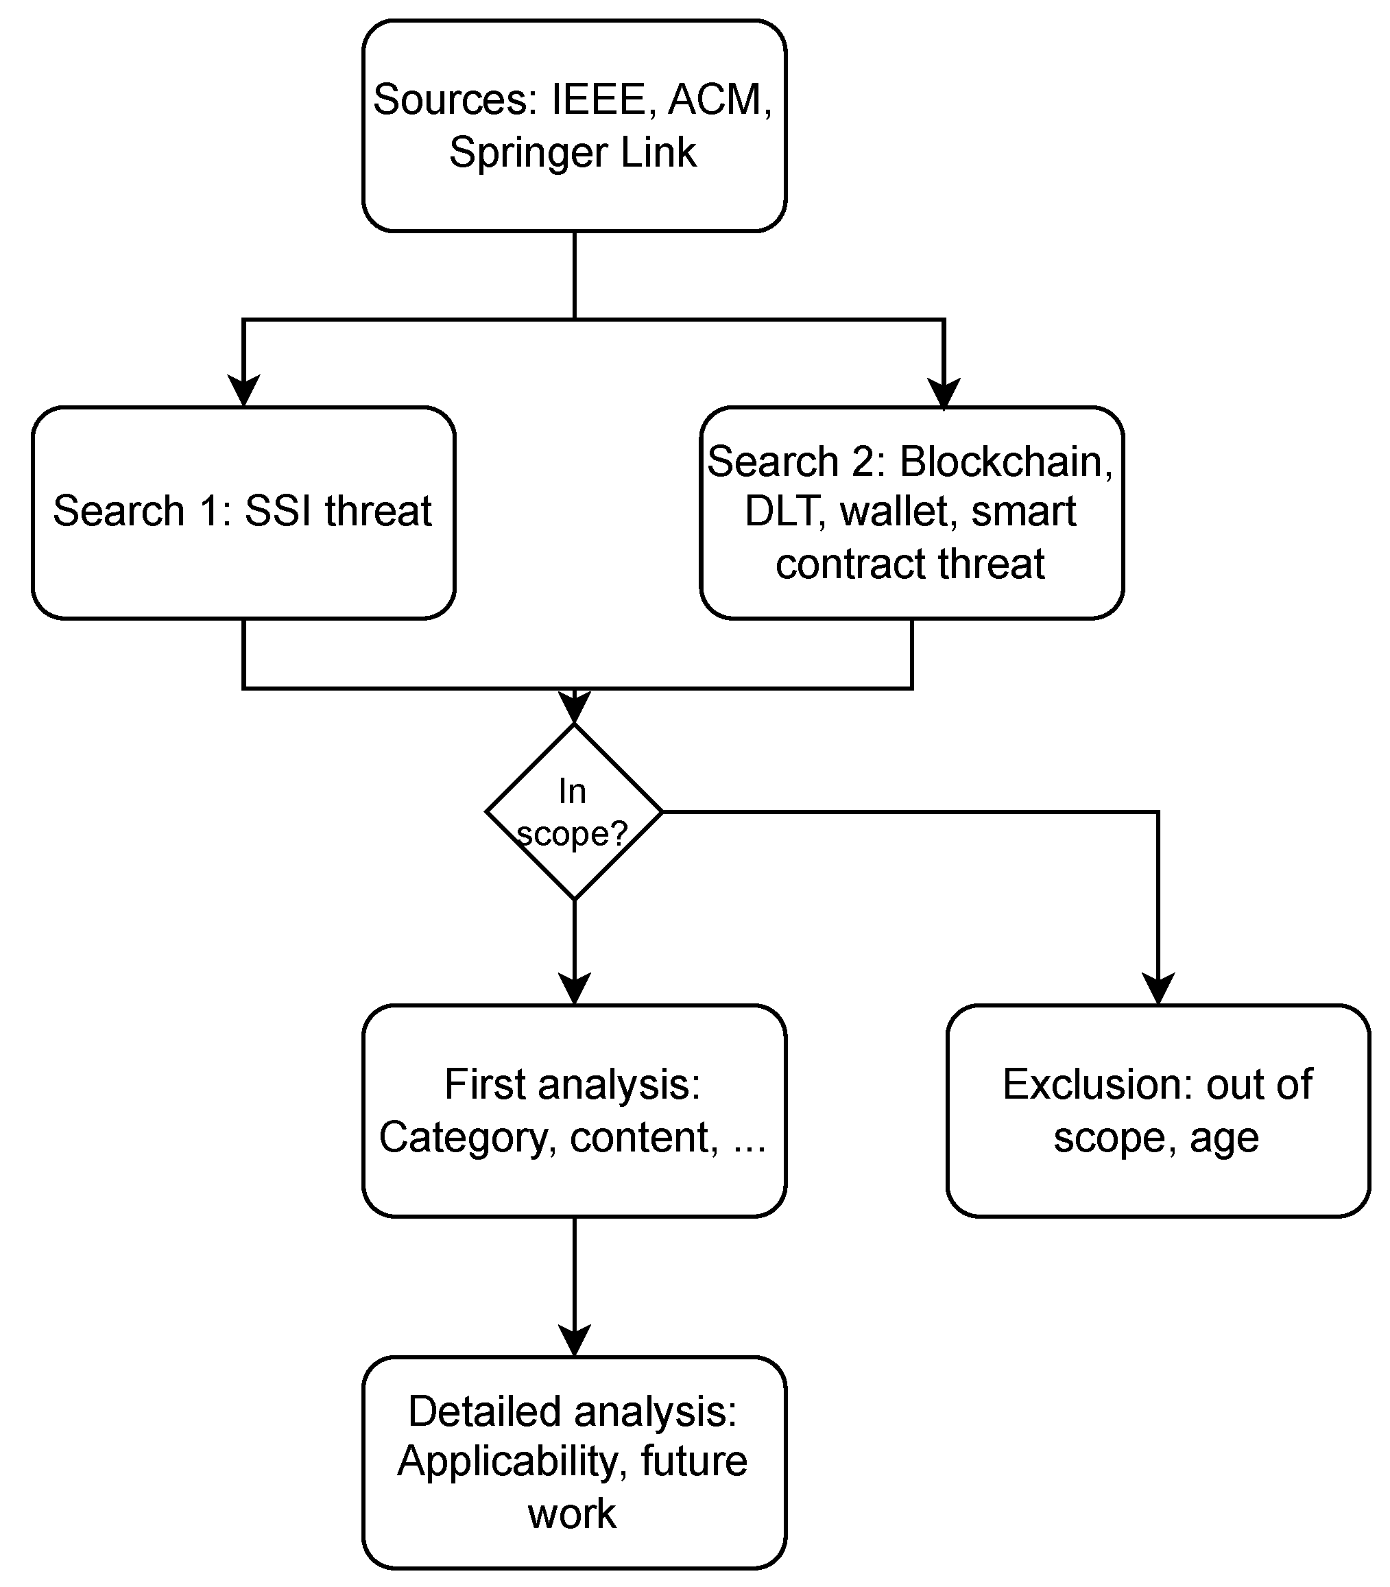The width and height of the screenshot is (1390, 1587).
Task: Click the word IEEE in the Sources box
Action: (x=599, y=100)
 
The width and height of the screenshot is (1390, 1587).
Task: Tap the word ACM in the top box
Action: (x=715, y=100)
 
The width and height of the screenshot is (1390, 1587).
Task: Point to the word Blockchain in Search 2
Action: (x=1005, y=462)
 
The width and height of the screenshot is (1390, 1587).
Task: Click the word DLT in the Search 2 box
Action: (x=784, y=511)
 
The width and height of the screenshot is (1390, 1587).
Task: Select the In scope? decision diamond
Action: (x=574, y=811)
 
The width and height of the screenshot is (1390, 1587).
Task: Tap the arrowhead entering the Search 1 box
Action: (x=243, y=390)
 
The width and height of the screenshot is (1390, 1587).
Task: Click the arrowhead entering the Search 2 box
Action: (x=944, y=392)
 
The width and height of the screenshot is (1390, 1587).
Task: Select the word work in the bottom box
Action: (x=573, y=1514)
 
